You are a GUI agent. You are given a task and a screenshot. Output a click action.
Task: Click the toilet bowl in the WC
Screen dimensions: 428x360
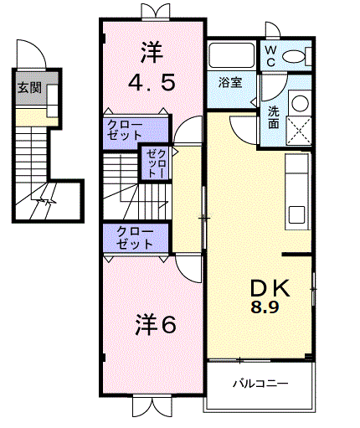pyautogui.click(x=295, y=57)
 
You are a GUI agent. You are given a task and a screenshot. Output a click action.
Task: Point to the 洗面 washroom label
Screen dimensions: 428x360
pyautogui.click(x=274, y=116)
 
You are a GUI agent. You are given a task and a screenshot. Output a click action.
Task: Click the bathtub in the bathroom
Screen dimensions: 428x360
pyautogui.click(x=232, y=57)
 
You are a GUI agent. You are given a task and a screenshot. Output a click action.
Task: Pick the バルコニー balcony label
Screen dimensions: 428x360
pyautogui.click(x=260, y=384)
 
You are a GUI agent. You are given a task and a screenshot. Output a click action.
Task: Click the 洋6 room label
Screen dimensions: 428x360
pyautogui.click(x=157, y=324)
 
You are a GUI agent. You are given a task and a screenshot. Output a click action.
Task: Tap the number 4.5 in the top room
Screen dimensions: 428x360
pyautogui.click(x=152, y=84)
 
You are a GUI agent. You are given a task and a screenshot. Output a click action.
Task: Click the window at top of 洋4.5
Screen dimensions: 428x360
pyautogui.click(x=152, y=12)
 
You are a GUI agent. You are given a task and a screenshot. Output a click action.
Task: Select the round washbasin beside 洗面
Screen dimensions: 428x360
pyautogui.click(x=299, y=102)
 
